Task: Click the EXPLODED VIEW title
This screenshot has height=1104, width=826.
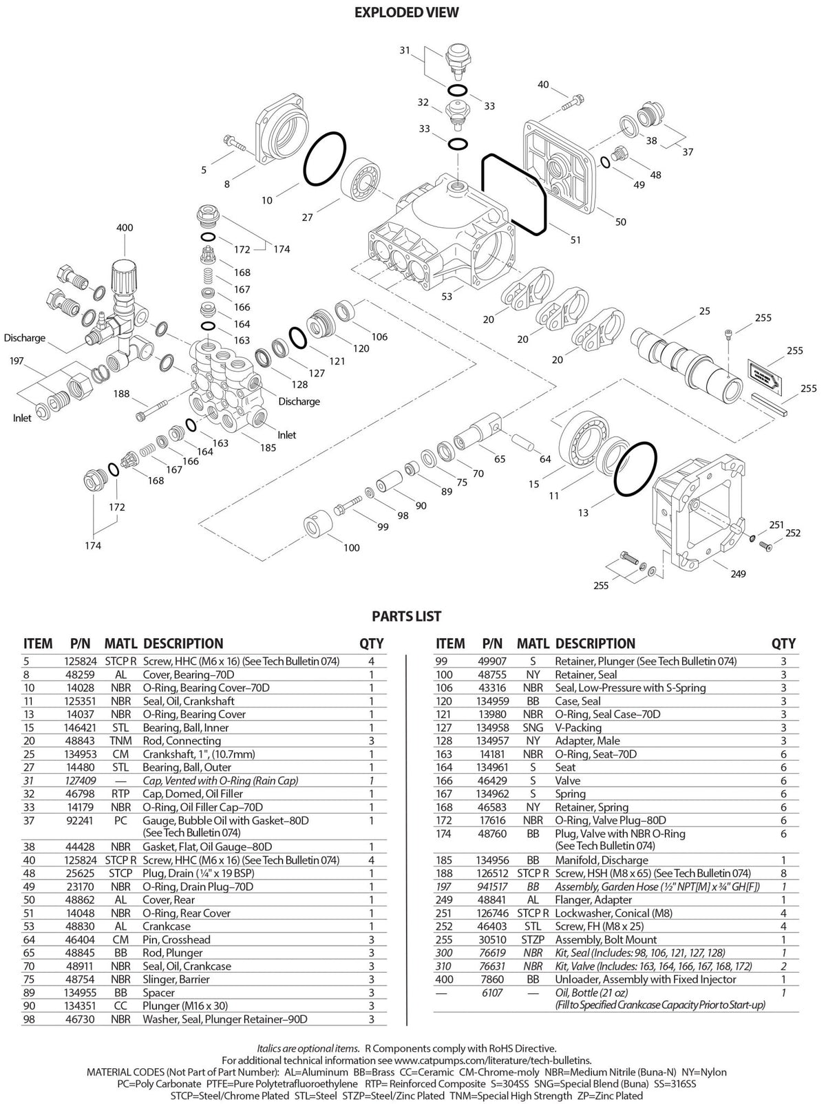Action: click(x=406, y=12)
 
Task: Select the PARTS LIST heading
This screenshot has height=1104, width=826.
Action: click(x=406, y=616)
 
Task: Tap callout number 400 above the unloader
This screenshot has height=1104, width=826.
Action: click(x=125, y=228)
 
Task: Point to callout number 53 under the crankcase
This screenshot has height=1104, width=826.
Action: click(x=447, y=297)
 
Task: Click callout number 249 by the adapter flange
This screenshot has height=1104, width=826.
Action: click(x=738, y=574)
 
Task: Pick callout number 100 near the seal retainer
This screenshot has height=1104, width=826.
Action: click(x=352, y=548)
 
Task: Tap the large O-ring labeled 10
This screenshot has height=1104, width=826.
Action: click(x=324, y=159)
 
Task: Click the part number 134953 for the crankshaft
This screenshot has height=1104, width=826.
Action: click(x=81, y=754)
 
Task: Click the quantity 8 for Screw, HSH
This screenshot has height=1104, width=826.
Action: click(x=783, y=873)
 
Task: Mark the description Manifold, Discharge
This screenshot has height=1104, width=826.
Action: click(x=602, y=860)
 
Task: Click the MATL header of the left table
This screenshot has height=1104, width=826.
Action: click(x=120, y=644)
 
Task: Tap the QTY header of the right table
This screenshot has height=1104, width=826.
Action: click(x=783, y=644)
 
